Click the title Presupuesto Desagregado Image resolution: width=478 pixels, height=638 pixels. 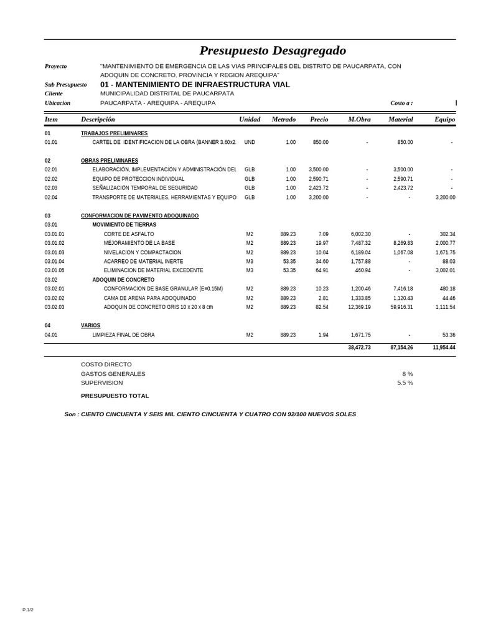pyautogui.click(x=273, y=50)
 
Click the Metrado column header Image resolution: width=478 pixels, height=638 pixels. pyautogui.click(x=283, y=119)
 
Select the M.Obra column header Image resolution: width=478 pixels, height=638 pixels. pyautogui.click(x=359, y=119)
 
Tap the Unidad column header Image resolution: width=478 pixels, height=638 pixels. pyautogui.click(x=250, y=119)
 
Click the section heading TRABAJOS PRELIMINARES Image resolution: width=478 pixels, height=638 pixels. pyautogui.click(x=114, y=133)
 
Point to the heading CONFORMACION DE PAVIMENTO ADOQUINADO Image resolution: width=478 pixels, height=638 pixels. pyautogui.click(x=139, y=216)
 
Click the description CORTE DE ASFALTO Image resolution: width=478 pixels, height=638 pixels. pyautogui.click(x=129, y=234)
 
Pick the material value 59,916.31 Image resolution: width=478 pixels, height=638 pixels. pyautogui.click(x=398, y=307)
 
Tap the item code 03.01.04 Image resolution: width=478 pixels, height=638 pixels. pyautogui.click(x=54, y=262)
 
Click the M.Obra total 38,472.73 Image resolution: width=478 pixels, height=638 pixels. pyautogui.click(x=359, y=348)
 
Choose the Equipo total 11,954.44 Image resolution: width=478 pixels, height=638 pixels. pyautogui.click(x=443, y=348)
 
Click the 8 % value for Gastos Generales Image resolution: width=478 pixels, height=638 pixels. pyautogui.click(x=407, y=374)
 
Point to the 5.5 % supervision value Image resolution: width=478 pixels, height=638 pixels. pyautogui.click(x=405, y=383)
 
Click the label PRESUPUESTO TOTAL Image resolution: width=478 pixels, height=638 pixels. pyautogui.click(x=115, y=396)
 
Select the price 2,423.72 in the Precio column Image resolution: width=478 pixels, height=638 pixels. pyautogui.click(x=318, y=188)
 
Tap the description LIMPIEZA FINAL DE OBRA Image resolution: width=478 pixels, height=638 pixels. pyautogui.click(x=123, y=335)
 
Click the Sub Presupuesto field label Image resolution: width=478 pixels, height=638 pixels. pyautogui.click(x=66, y=85)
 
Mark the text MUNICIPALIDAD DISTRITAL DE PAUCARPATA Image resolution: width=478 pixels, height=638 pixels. pyautogui.click(x=167, y=93)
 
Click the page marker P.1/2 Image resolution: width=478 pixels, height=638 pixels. pyautogui.click(x=28, y=610)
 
